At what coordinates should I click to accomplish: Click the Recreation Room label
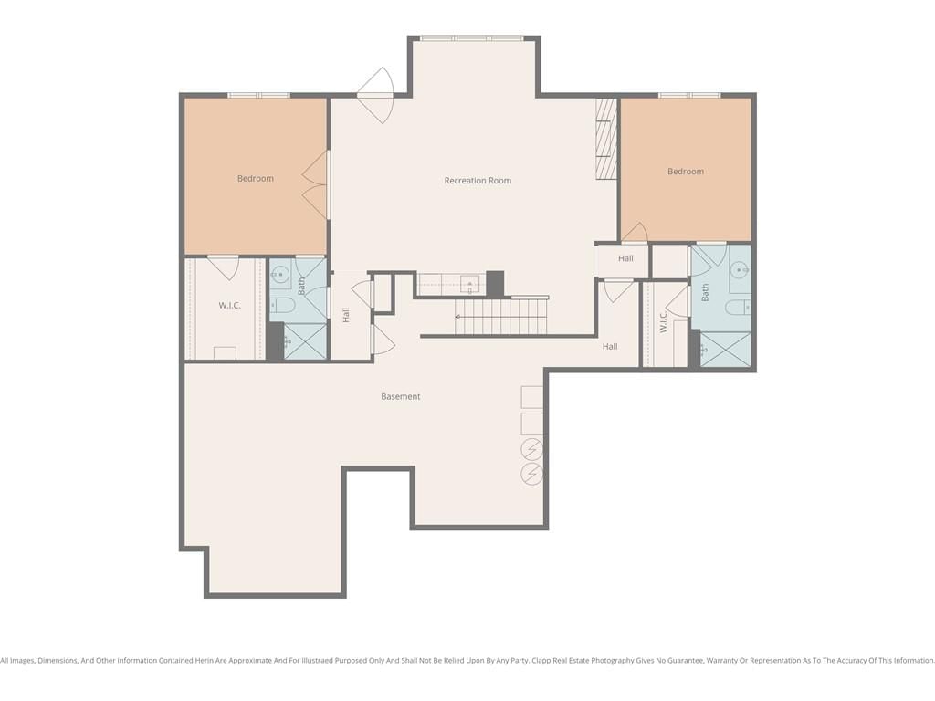(478, 181)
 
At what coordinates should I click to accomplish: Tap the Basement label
(401, 396)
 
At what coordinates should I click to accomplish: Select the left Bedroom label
(256, 178)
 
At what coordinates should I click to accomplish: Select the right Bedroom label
(686, 171)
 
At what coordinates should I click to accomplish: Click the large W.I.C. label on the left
(229, 305)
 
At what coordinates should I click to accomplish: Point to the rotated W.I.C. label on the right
(664, 322)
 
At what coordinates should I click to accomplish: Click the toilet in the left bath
(283, 306)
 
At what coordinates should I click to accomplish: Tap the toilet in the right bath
(738, 308)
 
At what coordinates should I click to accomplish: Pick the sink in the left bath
(279, 275)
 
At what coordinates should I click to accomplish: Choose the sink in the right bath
(740, 270)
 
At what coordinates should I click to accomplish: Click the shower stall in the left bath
(305, 341)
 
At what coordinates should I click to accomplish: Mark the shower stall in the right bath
(726, 350)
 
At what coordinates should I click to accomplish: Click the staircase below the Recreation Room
(501, 317)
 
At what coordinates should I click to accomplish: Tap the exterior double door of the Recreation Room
(376, 95)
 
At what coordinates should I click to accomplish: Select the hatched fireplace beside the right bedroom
(606, 139)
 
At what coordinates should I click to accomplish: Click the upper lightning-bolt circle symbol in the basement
(532, 448)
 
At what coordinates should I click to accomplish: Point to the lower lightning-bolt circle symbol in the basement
(532, 474)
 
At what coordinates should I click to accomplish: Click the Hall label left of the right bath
(625, 258)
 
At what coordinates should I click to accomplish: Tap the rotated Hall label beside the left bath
(346, 315)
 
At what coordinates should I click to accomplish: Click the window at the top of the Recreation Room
(472, 38)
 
